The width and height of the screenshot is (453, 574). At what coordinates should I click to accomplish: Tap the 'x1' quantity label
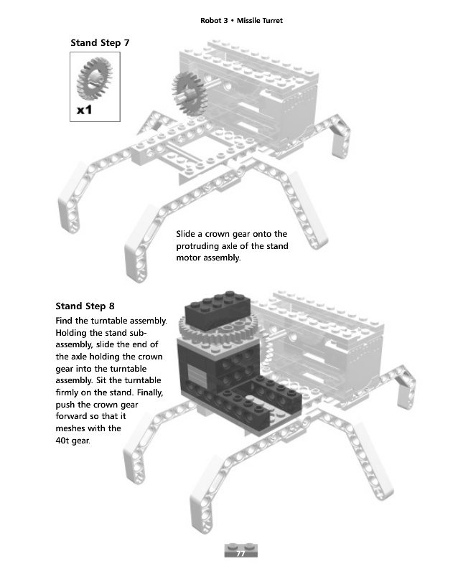point(85,110)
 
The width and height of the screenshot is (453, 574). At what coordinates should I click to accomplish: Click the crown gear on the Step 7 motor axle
point(190,91)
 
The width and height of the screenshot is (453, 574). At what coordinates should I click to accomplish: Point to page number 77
point(241,552)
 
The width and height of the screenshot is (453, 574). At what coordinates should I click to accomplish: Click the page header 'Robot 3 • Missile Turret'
point(241,21)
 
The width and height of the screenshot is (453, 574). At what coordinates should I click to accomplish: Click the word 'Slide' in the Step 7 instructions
point(188,234)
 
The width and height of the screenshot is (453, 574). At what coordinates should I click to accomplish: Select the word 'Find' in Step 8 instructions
point(65,320)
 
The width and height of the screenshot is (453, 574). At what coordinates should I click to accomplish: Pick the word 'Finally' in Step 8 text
point(148,392)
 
